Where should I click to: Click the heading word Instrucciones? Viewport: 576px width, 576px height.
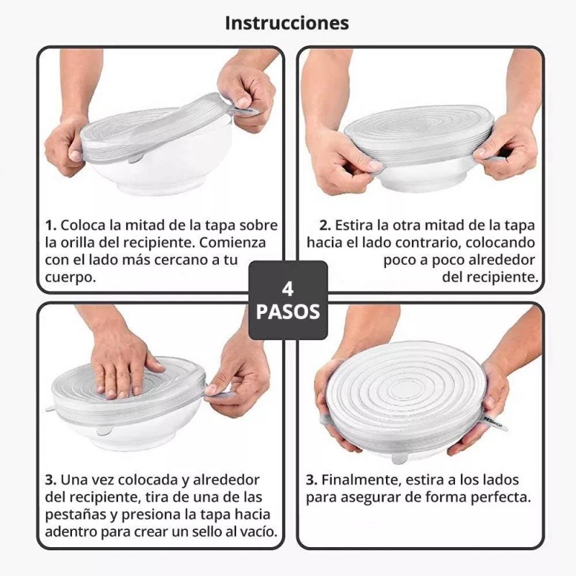click(x=287, y=22)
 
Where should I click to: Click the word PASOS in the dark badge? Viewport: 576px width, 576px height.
click(x=287, y=313)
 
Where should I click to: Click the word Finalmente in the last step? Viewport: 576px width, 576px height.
click(x=364, y=480)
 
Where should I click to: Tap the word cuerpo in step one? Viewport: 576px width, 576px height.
click(x=69, y=276)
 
